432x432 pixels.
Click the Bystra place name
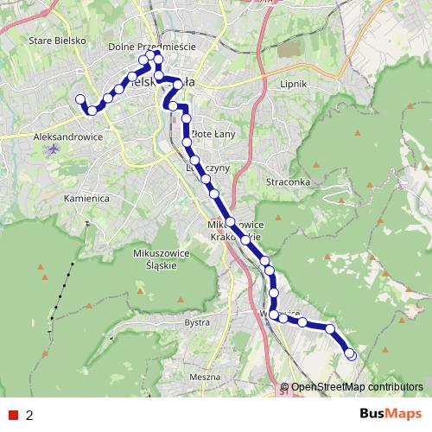pyautogui.click(x=198, y=322)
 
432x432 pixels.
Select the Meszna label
pyautogui.click(x=204, y=378)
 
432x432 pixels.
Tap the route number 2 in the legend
pyautogui.click(x=30, y=416)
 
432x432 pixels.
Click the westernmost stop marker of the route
pyautogui.click(x=80, y=99)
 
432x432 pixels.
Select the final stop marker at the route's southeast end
pyautogui.click(x=351, y=354)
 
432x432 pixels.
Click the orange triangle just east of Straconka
pyautogui.click(x=316, y=165)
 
